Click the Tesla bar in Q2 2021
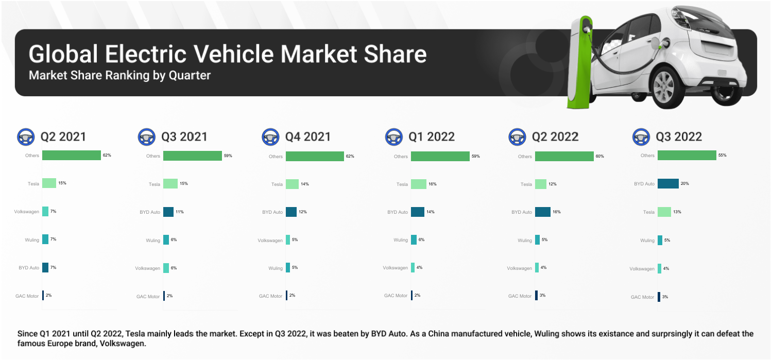49,183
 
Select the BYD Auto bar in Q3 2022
668,184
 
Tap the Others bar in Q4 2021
315,156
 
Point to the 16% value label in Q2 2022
556,212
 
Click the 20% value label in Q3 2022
684,184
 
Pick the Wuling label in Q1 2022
401,240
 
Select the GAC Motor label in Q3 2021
148,297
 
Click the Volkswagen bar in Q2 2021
45,211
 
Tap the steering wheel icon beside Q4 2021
270,136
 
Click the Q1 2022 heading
432,136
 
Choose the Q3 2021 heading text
184,136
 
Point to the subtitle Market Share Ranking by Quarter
119,75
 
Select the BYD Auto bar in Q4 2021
291,212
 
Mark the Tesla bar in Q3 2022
664,212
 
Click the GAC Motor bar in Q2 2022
536,296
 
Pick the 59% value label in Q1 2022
475,156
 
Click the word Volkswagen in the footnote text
123,344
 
